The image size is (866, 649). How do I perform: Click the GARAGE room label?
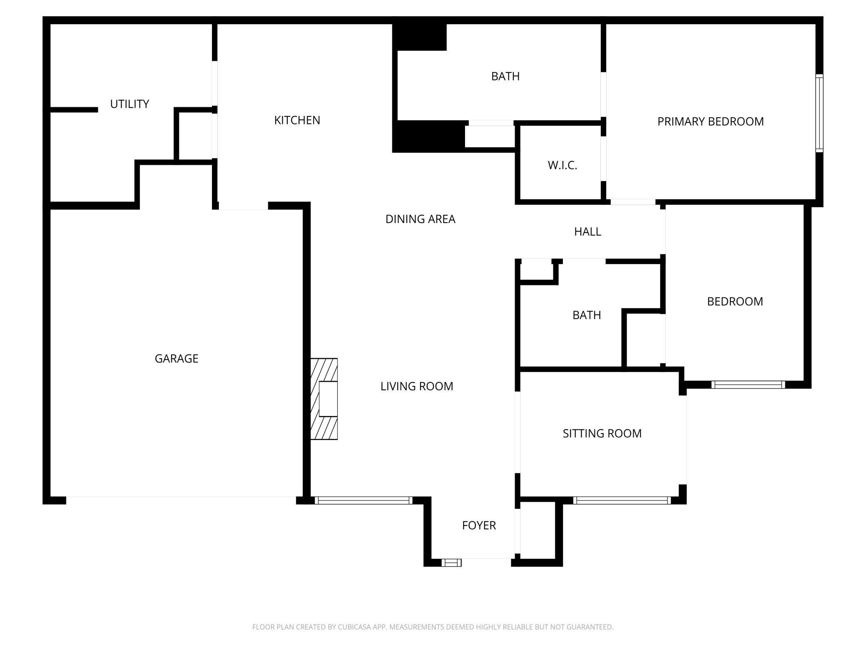[176, 358]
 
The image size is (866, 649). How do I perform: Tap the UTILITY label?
[129, 104]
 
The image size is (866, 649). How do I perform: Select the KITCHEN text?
[297, 120]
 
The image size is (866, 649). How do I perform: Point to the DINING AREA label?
[420, 219]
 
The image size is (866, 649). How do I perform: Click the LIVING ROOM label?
[416, 386]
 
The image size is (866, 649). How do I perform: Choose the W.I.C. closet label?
[562, 165]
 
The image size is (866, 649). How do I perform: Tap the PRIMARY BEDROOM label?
[710, 121]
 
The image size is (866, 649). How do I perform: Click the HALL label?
[587, 231]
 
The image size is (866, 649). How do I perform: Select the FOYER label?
[479, 525]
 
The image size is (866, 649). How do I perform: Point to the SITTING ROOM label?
[602, 433]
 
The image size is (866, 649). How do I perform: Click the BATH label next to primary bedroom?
[505, 76]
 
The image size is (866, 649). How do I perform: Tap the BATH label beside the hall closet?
[586, 315]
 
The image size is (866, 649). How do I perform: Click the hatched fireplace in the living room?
[324, 399]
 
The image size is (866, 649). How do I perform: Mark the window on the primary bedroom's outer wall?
[819, 113]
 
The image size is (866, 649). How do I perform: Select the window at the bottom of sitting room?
[622, 500]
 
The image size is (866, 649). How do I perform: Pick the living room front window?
[363, 500]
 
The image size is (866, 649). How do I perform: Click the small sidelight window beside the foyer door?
[451, 563]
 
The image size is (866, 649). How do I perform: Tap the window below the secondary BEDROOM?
[748, 384]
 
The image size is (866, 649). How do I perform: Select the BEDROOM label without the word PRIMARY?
[735, 301]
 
